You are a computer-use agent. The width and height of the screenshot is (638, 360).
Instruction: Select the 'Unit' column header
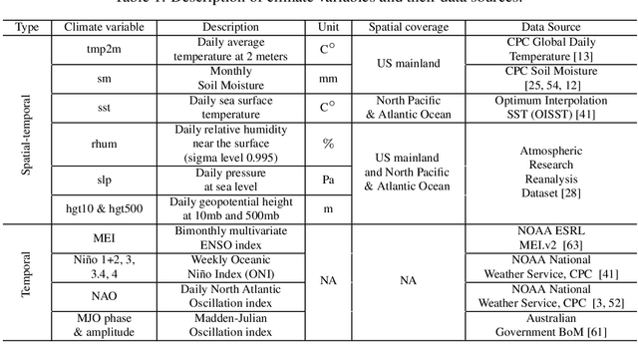click(328, 27)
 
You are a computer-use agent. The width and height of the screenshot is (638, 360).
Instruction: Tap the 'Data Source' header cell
click(551, 27)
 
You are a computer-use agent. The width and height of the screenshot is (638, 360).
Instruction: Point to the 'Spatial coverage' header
click(407, 27)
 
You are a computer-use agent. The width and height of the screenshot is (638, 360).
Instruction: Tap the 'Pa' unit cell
click(328, 180)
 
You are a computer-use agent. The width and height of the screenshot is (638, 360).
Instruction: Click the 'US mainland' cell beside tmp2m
click(407, 64)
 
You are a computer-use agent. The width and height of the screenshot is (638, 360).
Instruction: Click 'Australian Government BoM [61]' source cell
click(551, 330)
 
